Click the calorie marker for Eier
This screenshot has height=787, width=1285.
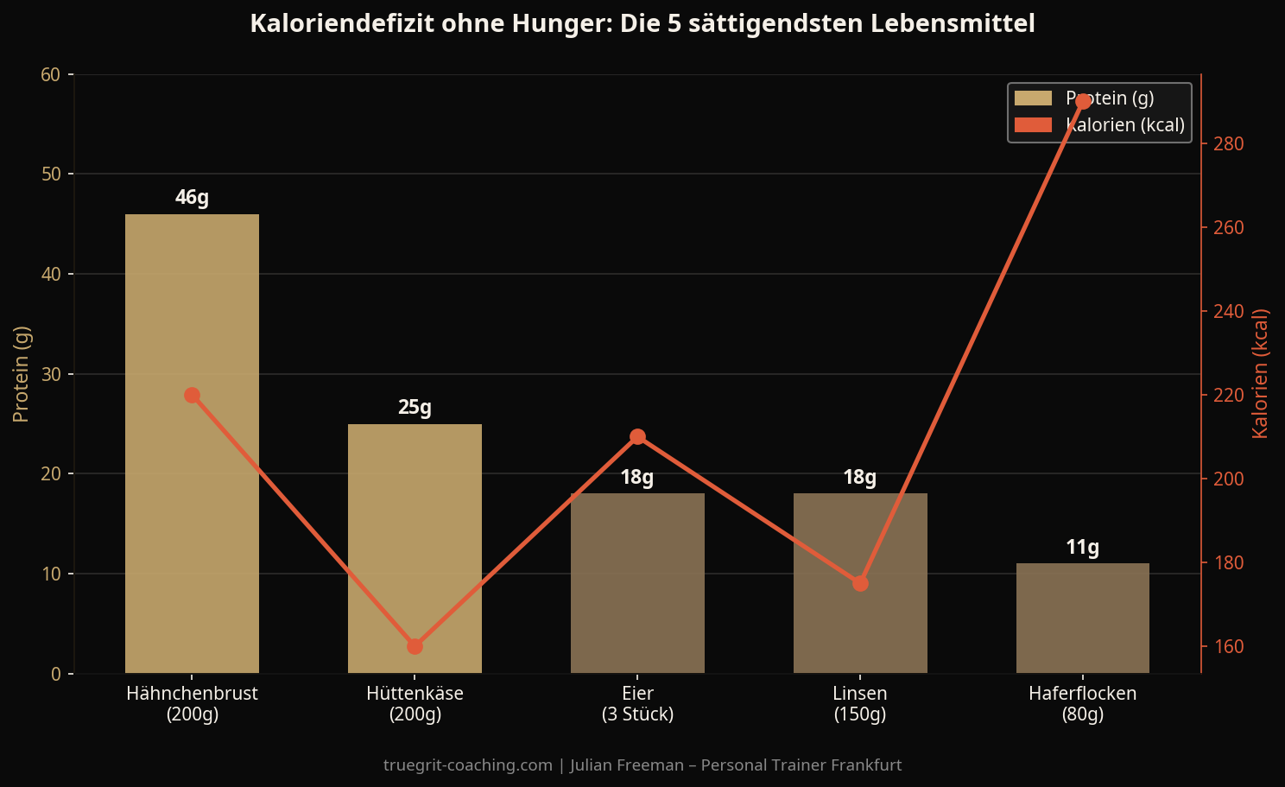pyautogui.click(x=637, y=437)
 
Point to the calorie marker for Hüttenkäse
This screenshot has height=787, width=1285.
pyautogui.click(x=415, y=646)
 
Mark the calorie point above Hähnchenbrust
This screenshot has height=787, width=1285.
pyautogui.click(x=192, y=396)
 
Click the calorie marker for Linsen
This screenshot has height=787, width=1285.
pyautogui.click(x=860, y=584)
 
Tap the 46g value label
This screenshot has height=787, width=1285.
pyautogui.click(x=192, y=198)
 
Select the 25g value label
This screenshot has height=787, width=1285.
pyautogui.click(x=415, y=408)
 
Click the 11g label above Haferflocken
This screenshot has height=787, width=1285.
pyautogui.click(x=1083, y=548)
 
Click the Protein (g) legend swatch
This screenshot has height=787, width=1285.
pyautogui.click(x=1033, y=98)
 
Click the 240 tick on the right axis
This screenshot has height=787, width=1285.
pyautogui.click(x=1228, y=311)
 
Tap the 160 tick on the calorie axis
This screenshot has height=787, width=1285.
pyautogui.click(x=1228, y=646)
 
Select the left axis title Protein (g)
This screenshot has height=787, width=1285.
pyautogui.click(x=22, y=374)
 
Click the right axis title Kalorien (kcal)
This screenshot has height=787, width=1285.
pyautogui.click(x=1260, y=373)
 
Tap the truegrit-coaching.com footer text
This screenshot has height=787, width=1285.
pyautogui.click(x=467, y=765)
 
